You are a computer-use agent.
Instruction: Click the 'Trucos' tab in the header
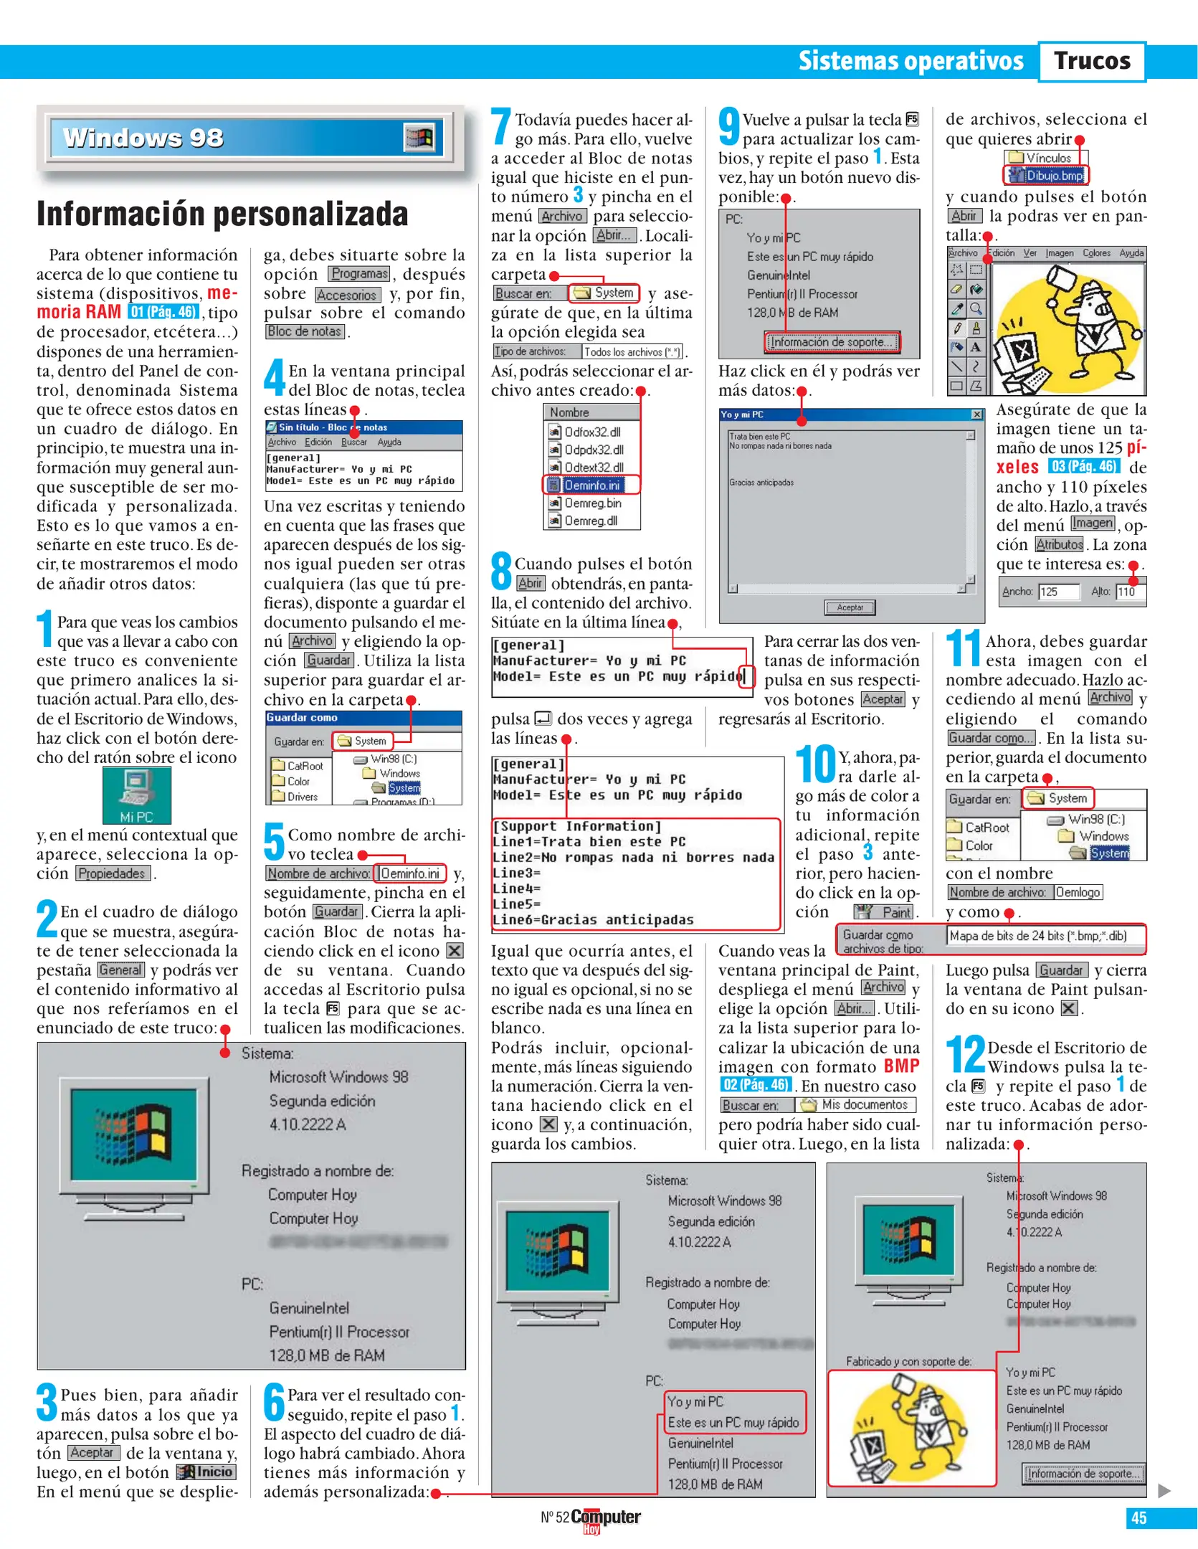(1091, 61)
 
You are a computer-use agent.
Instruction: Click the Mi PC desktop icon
(136, 794)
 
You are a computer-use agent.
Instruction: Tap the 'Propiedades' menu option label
(113, 873)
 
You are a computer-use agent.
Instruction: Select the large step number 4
(275, 377)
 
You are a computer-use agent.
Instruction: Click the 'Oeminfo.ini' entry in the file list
(591, 485)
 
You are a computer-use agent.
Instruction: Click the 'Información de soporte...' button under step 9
(831, 342)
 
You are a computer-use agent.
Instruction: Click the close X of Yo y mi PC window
(976, 415)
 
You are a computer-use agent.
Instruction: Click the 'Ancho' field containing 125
(1058, 592)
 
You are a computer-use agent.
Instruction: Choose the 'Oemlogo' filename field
(1078, 892)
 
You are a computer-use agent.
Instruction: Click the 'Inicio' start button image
(206, 1472)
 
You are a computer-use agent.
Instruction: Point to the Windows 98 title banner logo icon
(419, 138)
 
